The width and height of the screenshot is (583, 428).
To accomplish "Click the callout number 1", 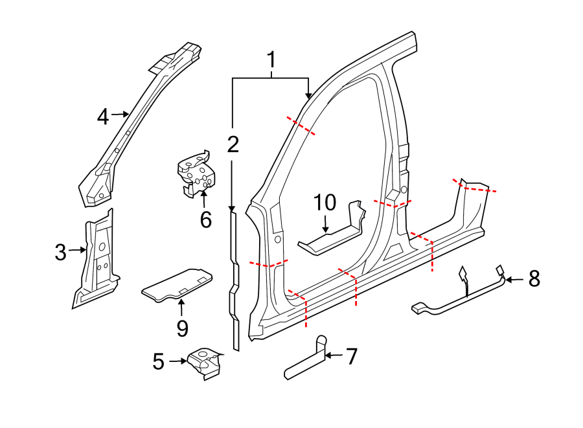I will [x=271, y=61].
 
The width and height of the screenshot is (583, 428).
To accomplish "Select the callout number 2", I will [x=233, y=144].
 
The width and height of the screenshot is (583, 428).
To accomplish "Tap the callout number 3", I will [x=60, y=252].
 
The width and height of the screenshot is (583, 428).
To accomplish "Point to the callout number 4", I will [x=102, y=117].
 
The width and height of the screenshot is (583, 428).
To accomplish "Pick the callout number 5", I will [x=159, y=362].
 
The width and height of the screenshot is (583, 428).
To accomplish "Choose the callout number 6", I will [x=205, y=220].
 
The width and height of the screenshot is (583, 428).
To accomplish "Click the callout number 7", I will [x=351, y=356].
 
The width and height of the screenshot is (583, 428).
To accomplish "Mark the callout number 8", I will [x=534, y=279].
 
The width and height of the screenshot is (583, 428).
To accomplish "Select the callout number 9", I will [x=182, y=328].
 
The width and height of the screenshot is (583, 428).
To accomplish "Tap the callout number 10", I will [x=326, y=203].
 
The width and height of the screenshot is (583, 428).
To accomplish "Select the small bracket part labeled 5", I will [x=204, y=363].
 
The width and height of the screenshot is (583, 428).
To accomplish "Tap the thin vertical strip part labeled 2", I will [x=234, y=278].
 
